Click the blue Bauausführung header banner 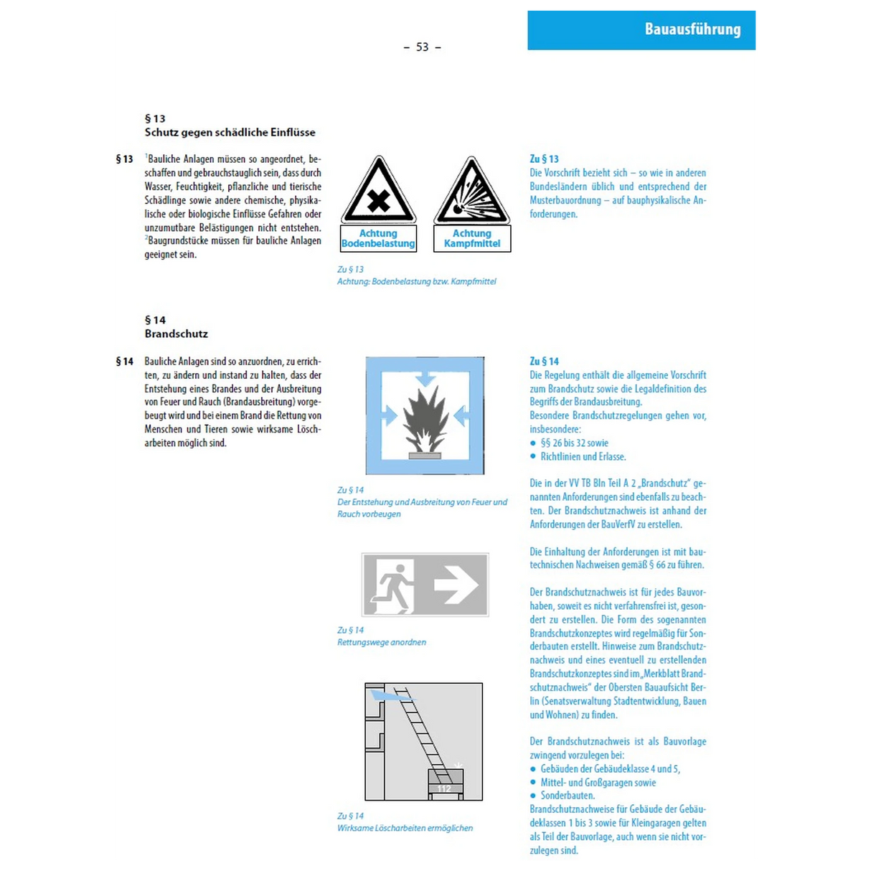pyautogui.click(x=641, y=30)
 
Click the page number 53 pyautogui.click(x=422, y=47)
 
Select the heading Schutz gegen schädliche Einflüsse pyautogui.click(x=230, y=133)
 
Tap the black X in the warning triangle pyautogui.click(x=378, y=201)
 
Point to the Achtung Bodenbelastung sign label pyautogui.click(x=378, y=238)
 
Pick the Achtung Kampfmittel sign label pyautogui.click(x=472, y=238)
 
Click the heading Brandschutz pyautogui.click(x=176, y=334)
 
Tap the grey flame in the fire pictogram pyautogui.click(x=425, y=419)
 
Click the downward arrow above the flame pyautogui.click(x=425, y=379)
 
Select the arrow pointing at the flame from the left pyautogui.click(x=390, y=415)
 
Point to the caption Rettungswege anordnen pyautogui.click(x=382, y=642)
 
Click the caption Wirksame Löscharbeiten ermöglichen pyautogui.click(x=405, y=828)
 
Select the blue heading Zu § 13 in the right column pyautogui.click(x=545, y=159)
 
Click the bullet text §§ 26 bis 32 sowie pyautogui.click(x=575, y=443)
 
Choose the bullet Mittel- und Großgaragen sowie pyautogui.click(x=598, y=782)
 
